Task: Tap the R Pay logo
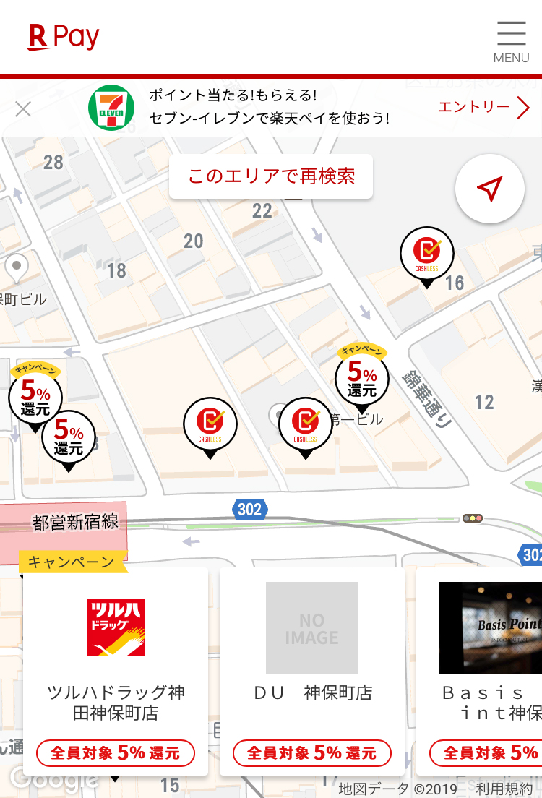pos(64,37)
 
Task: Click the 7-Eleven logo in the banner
pos(111,108)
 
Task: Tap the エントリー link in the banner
pos(483,108)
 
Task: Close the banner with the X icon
pos(23,109)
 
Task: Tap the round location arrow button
pos(489,189)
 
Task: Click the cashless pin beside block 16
pos(427,253)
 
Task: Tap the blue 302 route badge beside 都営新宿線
pos(249,510)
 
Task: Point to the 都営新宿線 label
pos(75,523)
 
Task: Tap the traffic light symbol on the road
pos(473,518)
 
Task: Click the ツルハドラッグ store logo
pos(116,627)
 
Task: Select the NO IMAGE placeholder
pos(312,628)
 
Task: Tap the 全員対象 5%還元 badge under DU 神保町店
pos(312,752)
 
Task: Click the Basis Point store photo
pos(491,628)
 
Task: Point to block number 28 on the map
pos(53,162)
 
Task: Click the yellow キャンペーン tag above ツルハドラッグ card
pos(72,562)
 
